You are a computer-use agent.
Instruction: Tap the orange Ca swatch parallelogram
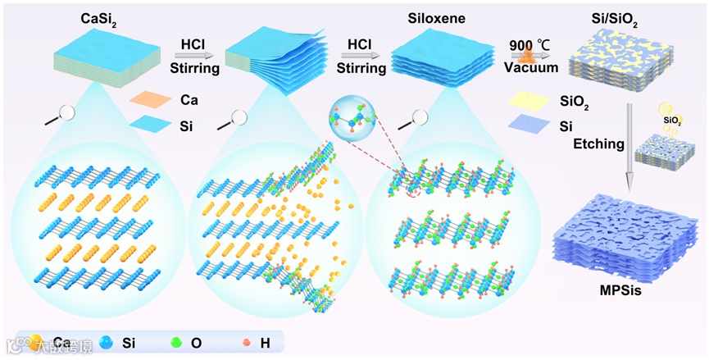pos(152,102)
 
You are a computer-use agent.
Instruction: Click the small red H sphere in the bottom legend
pos(243,342)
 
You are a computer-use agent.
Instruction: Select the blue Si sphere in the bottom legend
pos(106,342)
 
